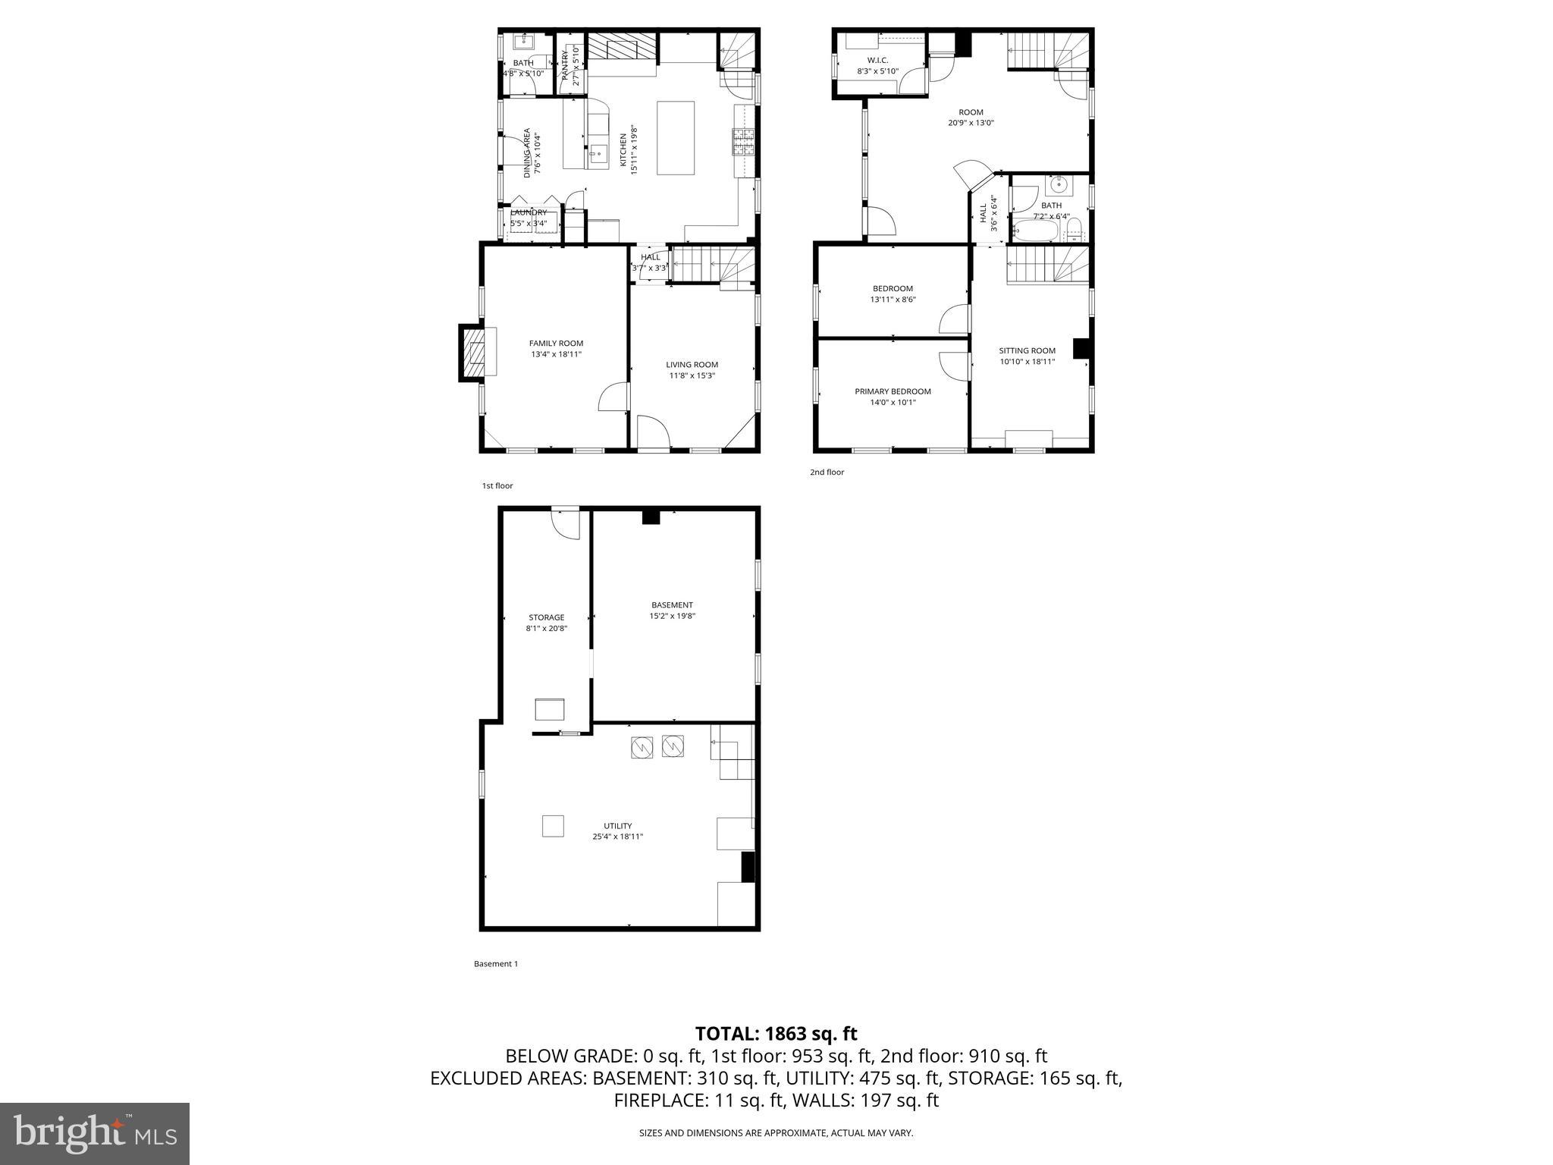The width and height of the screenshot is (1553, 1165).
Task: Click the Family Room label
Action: click(556, 344)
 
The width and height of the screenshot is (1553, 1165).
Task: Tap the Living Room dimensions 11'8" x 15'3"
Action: click(692, 375)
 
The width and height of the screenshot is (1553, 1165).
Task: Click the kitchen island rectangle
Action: click(676, 138)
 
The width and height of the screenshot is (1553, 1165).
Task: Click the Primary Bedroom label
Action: click(893, 391)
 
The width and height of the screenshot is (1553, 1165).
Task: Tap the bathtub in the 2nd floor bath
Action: click(1036, 230)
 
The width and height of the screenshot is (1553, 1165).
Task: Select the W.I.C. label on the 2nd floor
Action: click(877, 60)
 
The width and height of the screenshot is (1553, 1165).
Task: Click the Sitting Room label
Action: click(1027, 350)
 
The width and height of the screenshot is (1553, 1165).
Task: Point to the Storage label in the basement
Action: click(546, 617)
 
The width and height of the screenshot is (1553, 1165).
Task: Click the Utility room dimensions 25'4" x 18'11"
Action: click(617, 837)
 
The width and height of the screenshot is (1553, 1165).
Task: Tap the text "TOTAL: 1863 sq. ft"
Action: click(776, 1034)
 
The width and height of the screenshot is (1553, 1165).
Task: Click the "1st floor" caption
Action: click(497, 485)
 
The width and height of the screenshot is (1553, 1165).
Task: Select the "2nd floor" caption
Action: click(827, 472)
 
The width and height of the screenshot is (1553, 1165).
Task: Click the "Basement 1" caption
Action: click(496, 964)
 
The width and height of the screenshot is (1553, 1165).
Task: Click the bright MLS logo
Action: click(95, 1132)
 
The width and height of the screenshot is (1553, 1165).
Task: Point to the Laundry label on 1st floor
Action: click(528, 212)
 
